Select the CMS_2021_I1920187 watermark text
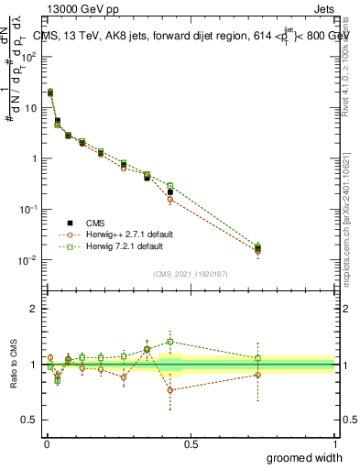pyautogui.click(x=190, y=273)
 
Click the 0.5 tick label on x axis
pyautogui.click(x=191, y=442)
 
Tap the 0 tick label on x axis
pyautogui.click(x=46, y=442)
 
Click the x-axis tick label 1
pyautogui.click(x=334, y=442)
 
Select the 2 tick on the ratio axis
pyautogui.click(x=33, y=309)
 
